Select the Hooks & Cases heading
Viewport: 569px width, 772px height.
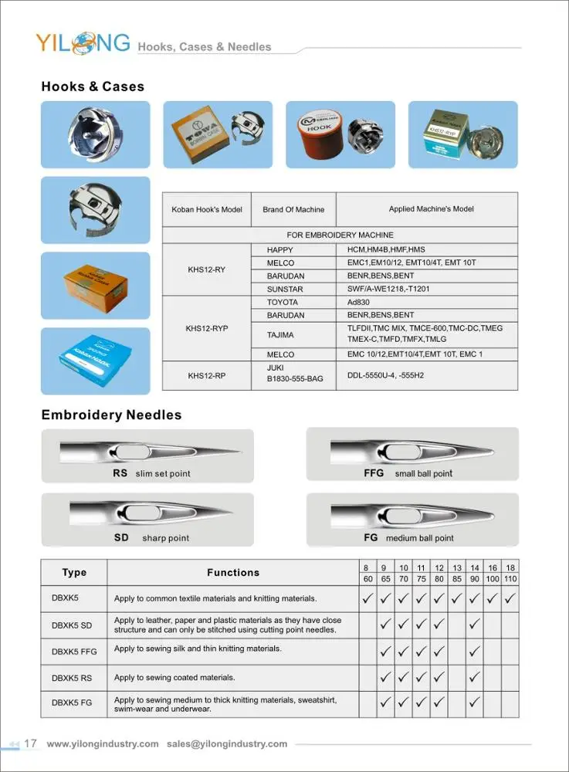pyautogui.click(x=93, y=86)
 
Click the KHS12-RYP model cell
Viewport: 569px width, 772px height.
pyautogui.click(x=206, y=328)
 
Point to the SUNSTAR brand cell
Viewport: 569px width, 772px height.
pyautogui.click(x=285, y=289)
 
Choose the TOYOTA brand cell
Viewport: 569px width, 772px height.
pyautogui.click(x=282, y=303)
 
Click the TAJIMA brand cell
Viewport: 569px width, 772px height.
pyautogui.click(x=281, y=334)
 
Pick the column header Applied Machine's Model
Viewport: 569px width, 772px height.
pyautogui.click(x=431, y=209)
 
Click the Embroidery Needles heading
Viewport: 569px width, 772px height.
pyautogui.click(x=111, y=415)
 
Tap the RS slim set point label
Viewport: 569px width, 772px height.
pyautogui.click(x=151, y=473)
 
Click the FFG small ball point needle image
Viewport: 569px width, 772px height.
pyautogui.click(x=412, y=449)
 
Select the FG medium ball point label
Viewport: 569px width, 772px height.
pyautogui.click(x=408, y=537)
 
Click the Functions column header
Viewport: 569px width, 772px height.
pyautogui.click(x=232, y=573)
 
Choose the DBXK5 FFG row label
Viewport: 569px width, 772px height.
pyautogui.click(x=74, y=652)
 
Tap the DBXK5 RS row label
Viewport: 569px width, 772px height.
pyautogui.click(x=72, y=678)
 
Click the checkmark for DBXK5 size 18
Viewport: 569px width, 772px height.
pyautogui.click(x=510, y=598)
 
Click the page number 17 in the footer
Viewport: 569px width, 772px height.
pyautogui.click(x=31, y=743)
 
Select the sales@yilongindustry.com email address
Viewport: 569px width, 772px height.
pyautogui.click(x=227, y=744)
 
